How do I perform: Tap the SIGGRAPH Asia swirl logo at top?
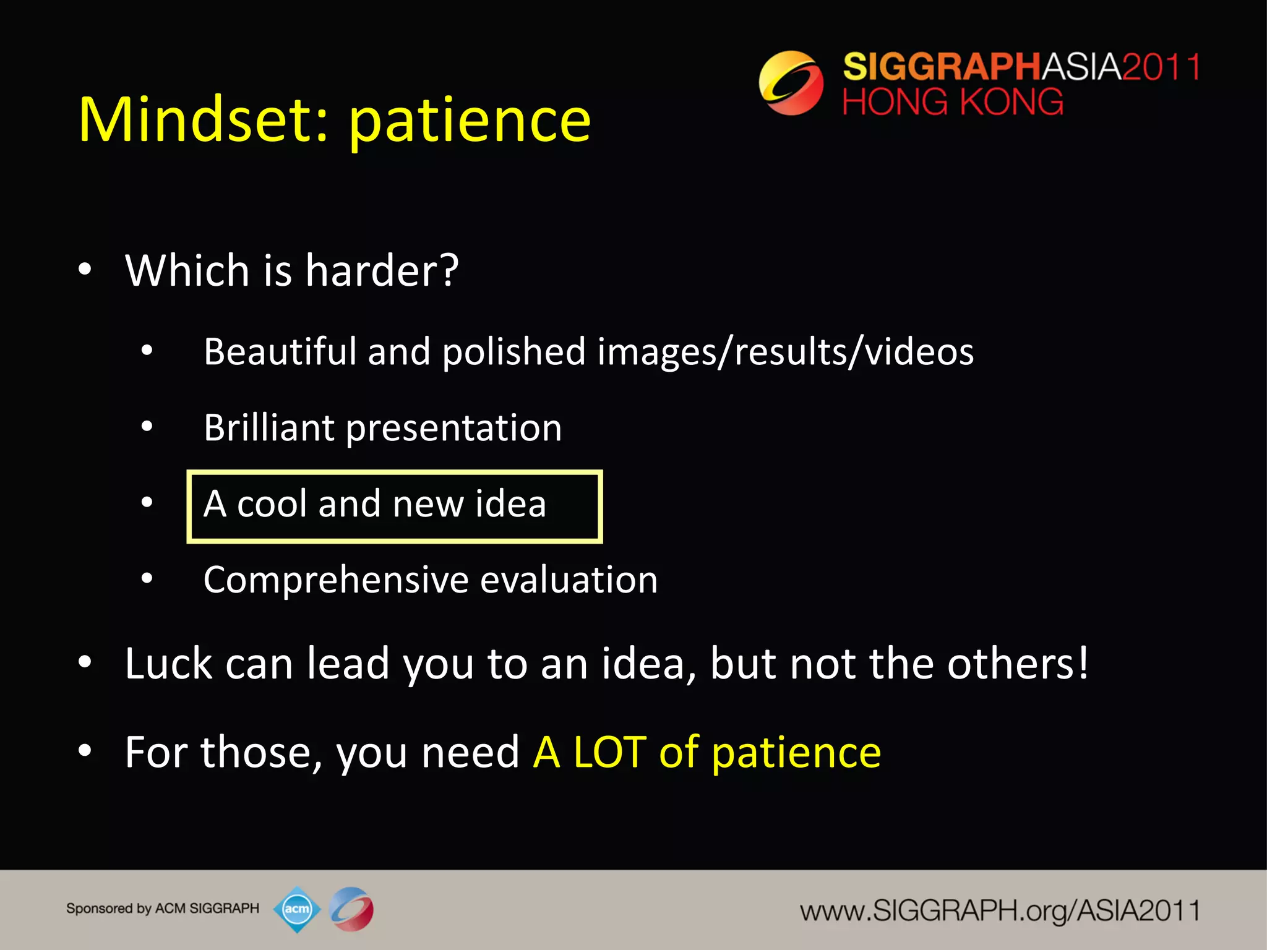(791, 83)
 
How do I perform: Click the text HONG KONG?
(953, 102)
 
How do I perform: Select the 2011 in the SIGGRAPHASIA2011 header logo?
(1161, 67)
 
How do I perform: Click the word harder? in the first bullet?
(382, 270)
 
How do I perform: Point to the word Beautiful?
(280, 351)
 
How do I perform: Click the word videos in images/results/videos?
(919, 351)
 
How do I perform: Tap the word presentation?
(453, 429)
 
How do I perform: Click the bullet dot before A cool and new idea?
(147, 502)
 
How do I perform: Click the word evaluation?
(569, 580)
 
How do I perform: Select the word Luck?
(168, 663)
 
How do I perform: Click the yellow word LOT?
(609, 752)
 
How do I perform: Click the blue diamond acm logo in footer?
(297, 909)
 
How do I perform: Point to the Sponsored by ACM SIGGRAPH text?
(163, 909)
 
